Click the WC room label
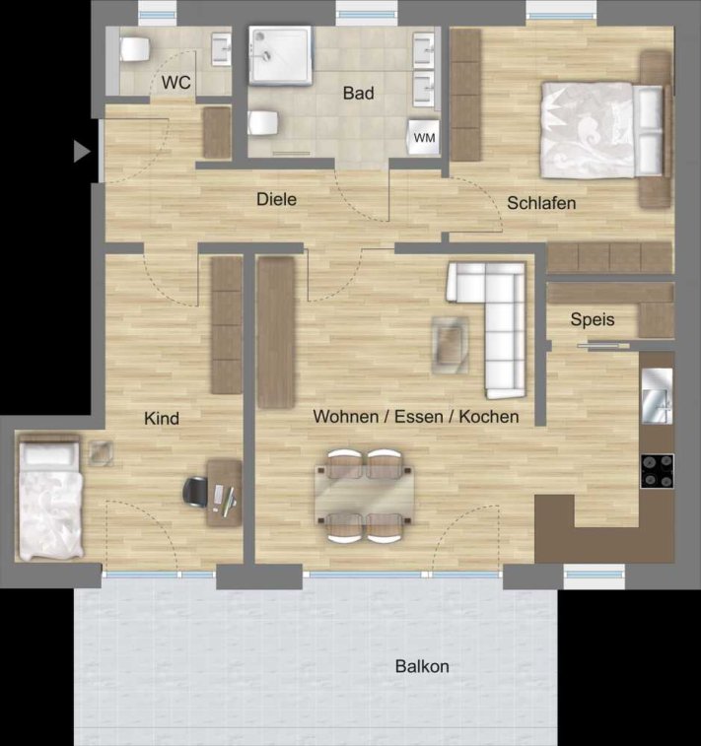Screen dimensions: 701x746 click(176, 83)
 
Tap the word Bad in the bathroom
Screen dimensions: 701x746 click(358, 93)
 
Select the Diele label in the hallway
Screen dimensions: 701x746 click(276, 199)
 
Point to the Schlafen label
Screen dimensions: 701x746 click(541, 203)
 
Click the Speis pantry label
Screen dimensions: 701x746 click(593, 319)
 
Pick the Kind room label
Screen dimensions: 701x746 click(162, 419)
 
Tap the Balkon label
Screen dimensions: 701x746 click(422, 666)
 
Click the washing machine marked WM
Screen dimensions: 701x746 click(424, 137)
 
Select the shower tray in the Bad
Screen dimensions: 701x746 click(280, 55)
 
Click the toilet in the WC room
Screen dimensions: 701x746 click(135, 49)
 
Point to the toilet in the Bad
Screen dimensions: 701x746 click(262, 123)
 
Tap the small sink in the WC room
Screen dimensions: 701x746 click(221, 49)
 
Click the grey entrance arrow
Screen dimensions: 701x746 click(82, 152)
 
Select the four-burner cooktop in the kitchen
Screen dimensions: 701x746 click(657, 471)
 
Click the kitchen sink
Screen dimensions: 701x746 click(657, 396)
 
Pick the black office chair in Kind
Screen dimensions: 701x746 click(196, 492)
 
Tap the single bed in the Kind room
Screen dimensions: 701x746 click(50, 498)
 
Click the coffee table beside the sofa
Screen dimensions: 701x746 click(450, 345)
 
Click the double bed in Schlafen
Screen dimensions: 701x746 click(602, 130)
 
